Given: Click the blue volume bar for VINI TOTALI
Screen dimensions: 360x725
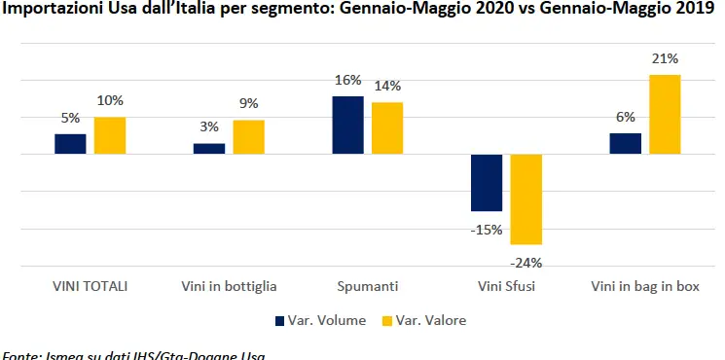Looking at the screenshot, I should (70, 144).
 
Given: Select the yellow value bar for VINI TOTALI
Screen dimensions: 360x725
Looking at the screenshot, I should (110, 135).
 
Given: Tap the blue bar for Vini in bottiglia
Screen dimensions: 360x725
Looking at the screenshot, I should (209, 149).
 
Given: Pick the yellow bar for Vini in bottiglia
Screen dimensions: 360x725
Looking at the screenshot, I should (248, 137).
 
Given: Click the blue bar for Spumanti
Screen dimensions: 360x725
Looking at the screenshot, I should (347, 125).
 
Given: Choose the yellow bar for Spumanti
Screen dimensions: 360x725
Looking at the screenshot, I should (387, 128).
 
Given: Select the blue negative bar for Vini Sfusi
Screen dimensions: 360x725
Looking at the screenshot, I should (487, 183).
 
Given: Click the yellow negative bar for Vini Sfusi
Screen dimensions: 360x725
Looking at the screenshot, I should (526, 199).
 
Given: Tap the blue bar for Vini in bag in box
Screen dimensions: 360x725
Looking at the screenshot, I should (625, 144).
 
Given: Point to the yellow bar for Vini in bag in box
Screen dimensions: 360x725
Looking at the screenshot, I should (665, 115).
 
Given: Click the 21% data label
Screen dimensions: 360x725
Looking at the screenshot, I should (665, 59).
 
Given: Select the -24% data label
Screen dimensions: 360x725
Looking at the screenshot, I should (526, 262).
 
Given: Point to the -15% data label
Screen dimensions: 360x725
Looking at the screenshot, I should (487, 231).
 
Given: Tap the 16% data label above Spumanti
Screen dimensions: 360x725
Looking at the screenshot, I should (347, 80).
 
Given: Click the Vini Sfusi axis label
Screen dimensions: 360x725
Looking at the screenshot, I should (506, 287).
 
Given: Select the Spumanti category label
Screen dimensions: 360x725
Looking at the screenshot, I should (367, 287).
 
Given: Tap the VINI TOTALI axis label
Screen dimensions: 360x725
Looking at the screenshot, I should (90, 287).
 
